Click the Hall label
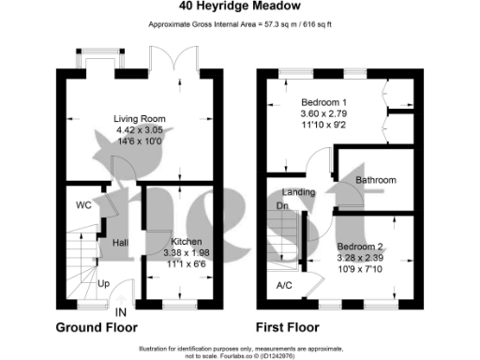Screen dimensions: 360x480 point(120,243)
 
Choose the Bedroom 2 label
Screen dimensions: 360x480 point(361,247)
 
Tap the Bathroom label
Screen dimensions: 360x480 point(375,180)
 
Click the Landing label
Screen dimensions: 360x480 point(298,192)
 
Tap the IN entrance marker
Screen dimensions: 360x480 point(121,311)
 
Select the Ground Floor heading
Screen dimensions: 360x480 point(97,328)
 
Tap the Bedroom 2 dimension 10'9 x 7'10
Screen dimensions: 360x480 point(361,270)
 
